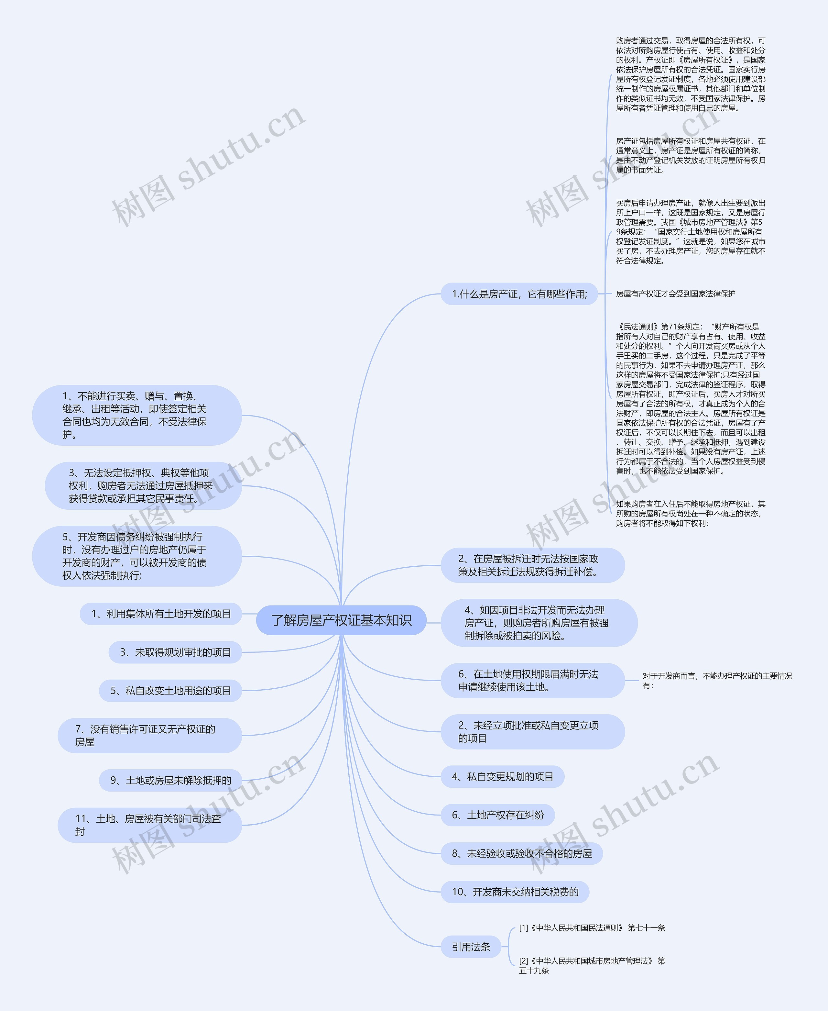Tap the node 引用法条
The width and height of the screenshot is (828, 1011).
[471, 947]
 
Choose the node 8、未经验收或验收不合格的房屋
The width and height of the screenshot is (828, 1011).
[521, 853]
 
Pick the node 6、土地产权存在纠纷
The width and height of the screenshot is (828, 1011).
[497, 815]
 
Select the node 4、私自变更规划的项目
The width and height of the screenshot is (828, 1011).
[502, 777]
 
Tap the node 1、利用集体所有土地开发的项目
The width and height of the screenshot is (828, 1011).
[161, 614]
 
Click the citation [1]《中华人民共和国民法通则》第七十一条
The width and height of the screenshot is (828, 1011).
[592, 928]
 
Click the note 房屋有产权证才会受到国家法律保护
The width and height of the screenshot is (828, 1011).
[675, 294]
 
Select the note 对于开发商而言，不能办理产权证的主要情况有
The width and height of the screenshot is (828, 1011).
[717, 680]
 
